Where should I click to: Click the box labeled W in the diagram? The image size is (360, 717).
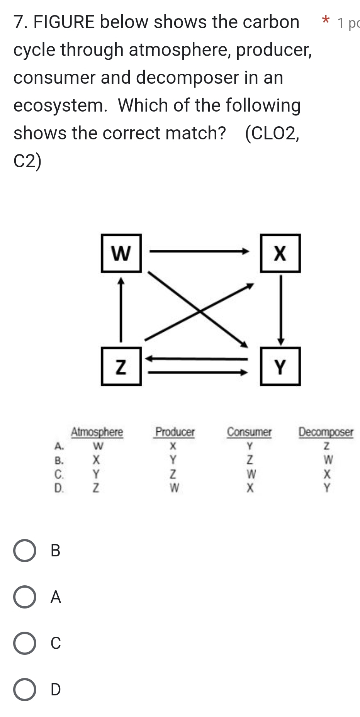pos(121,253)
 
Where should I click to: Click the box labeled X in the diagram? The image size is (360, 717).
pos(280,253)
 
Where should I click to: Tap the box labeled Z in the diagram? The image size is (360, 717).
pos(121,366)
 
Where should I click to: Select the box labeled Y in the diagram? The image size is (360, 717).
pos(280,366)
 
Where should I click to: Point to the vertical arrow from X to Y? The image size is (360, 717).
pos(281,309)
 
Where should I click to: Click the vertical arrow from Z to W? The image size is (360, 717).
pos(121,309)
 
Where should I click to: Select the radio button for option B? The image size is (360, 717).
pos(25,551)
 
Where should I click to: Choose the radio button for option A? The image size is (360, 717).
pos(25,597)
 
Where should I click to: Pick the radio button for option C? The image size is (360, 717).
pos(25,643)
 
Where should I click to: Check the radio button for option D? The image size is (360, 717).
pos(25,690)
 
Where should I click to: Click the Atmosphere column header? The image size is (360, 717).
pos(97,432)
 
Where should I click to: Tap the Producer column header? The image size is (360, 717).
pos(175,432)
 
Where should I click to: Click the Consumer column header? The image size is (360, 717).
pos(249,432)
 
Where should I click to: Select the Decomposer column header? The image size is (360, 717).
pos(326,432)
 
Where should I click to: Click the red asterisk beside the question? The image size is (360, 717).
pos(326,20)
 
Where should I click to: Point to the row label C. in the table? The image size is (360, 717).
pos(59,474)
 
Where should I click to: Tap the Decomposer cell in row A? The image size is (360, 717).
pos(327,446)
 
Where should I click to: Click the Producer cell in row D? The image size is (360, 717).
pos(174,488)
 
